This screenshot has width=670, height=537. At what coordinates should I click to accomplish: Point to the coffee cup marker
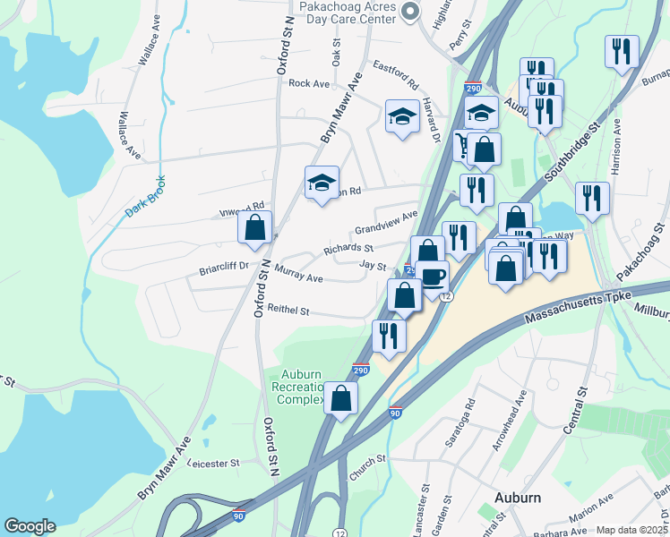click(432, 277)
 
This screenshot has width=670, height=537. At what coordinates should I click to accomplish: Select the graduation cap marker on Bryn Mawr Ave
click(322, 183)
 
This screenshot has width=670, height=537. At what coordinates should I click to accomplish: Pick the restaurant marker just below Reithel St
click(389, 336)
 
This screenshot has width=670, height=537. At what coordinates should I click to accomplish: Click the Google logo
click(30, 526)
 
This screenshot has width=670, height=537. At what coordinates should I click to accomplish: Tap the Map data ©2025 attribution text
click(631, 530)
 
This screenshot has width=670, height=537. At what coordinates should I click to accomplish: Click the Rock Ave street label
click(310, 83)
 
